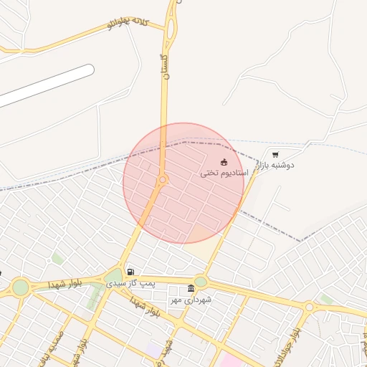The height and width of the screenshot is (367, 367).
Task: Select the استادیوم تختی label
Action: (x=224, y=173)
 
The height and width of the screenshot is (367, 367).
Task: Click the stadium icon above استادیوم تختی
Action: (x=224, y=162)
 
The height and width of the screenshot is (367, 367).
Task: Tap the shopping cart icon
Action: (x=275, y=154)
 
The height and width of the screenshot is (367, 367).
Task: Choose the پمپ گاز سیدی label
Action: (x=130, y=283)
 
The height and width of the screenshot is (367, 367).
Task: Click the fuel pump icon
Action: (x=130, y=272)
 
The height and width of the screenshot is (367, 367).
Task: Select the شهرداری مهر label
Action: (x=191, y=300)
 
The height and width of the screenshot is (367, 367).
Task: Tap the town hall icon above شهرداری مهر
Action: (x=191, y=289)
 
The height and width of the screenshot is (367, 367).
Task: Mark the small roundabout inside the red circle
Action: (x=163, y=179)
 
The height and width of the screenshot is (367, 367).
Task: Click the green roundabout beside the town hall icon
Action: (x=201, y=282)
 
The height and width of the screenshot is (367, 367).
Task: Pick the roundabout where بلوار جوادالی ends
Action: (x=309, y=307)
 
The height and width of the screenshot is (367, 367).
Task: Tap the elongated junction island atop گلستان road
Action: (x=171, y=29)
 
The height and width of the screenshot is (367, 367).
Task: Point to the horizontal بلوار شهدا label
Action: (x=65, y=284)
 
